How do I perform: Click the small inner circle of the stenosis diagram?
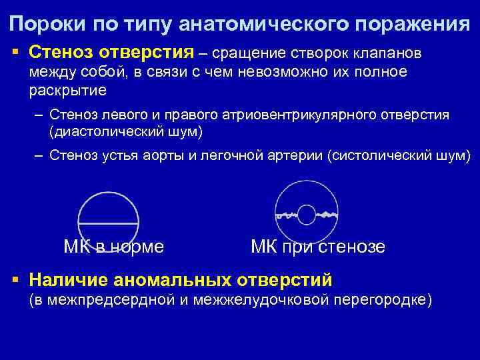pyautogui.click(x=306, y=215)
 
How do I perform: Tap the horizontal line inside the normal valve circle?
pyautogui.click(x=109, y=221)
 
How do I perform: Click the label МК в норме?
pyautogui.click(x=114, y=247)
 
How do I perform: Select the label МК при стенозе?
pyautogui.click(x=317, y=247)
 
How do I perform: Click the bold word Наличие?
pyautogui.click(x=68, y=279)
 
